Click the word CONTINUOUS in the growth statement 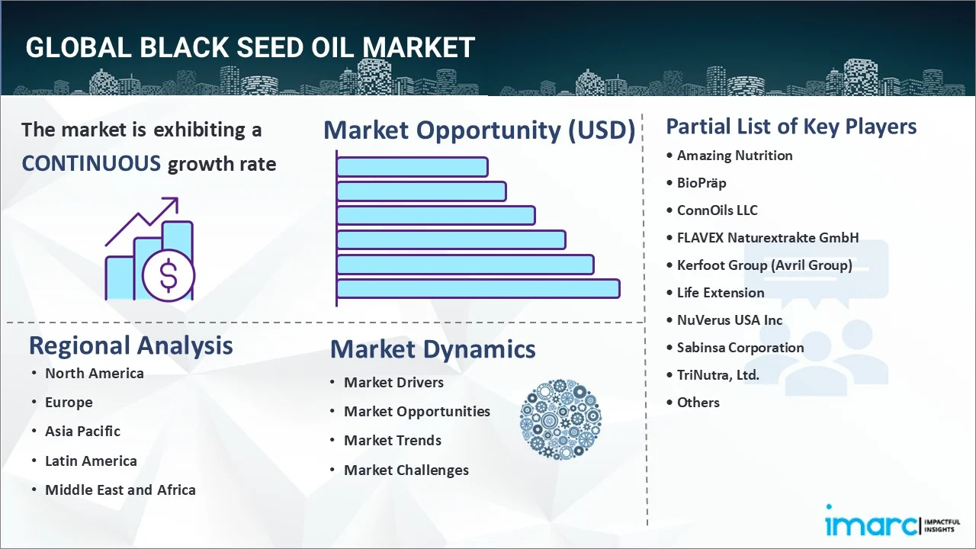[91, 163]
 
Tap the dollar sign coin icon [169, 275]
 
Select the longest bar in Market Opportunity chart [477, 289]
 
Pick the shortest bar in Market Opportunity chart [412, 166]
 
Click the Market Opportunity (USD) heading [479, 130]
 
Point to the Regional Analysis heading [130, 345]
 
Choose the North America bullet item [94, 373]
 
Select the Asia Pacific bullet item [82, 431]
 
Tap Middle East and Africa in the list [120, 490]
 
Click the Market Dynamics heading [432, 349]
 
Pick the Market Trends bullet [392, 440]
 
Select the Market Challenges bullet [406, 470]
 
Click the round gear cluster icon [560, 420]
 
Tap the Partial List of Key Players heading [791, 126]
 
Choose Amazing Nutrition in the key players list [734, 156]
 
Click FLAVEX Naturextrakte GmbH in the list [767, 237]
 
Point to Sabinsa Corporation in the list [740, 347]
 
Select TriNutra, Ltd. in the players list [718, 374]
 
